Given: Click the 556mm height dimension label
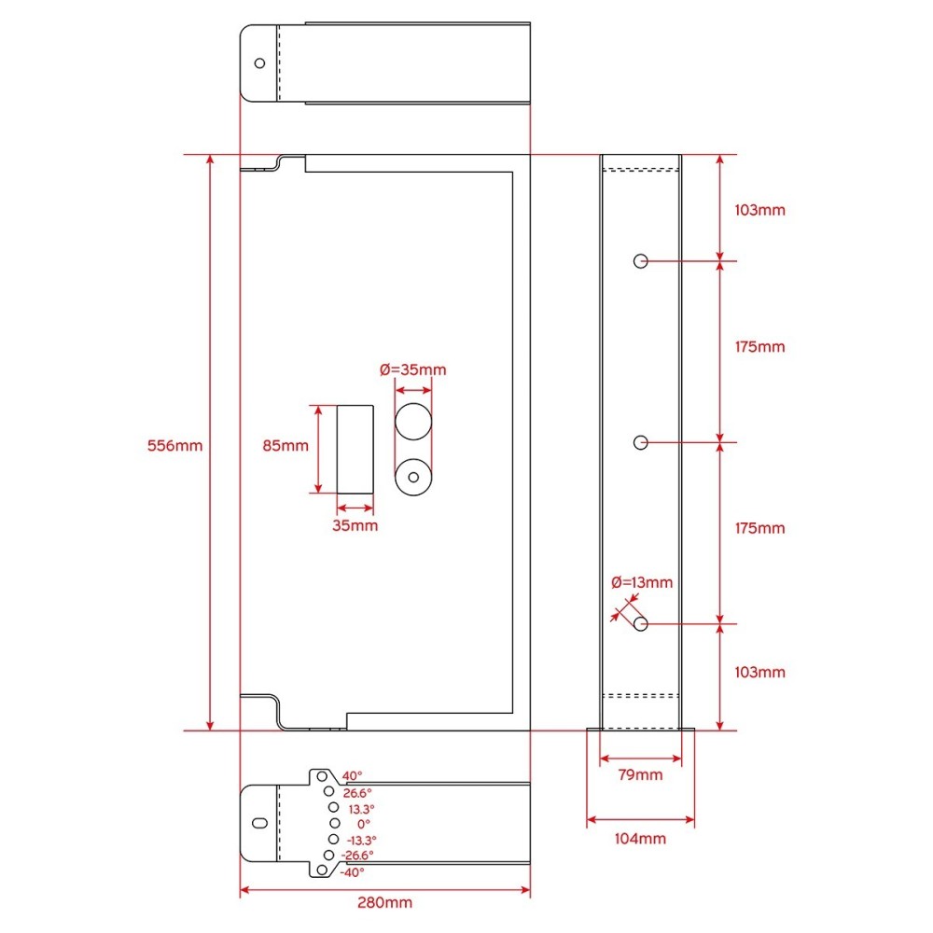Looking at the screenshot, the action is tap(175, 446).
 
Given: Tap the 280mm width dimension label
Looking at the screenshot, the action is tap(384, 902).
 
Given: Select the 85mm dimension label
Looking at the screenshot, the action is tap(285, 446).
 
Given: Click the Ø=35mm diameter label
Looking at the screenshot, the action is tap(413, 369).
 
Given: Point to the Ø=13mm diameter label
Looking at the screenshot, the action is tap(642, 582).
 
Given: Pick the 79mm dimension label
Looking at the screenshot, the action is tap(640, 774).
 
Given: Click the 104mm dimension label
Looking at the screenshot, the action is tap(640, 839).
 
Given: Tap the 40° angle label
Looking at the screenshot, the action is tap(353, 776).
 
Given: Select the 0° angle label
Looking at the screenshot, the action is tap(364, 824).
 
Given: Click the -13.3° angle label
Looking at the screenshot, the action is tap(362, 841).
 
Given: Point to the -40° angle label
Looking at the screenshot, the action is tap(353, 872).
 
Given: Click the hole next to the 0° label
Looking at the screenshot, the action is tap(335, 823).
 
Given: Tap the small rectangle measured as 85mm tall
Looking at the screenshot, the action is tap(355, 450).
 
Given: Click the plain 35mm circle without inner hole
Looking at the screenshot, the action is tap(413, 422).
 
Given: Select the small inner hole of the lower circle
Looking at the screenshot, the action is tap(413, 477).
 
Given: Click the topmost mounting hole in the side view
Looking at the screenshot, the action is tap(640, 261).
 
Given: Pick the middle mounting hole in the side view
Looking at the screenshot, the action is tap(640, 442).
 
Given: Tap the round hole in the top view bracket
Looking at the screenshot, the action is tap(259, 63).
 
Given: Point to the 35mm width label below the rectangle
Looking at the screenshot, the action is tap(355, 525).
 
